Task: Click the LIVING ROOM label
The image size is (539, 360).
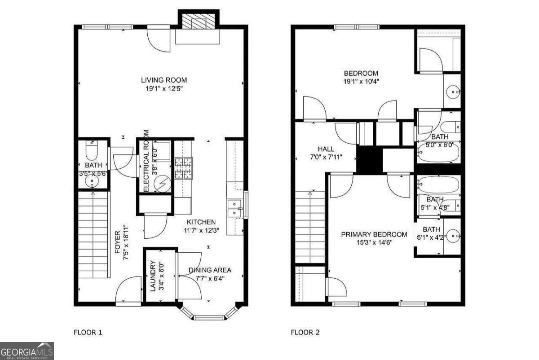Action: pyautogui.click(x=161, y=80)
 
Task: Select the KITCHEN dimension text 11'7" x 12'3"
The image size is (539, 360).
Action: pyautogui.click(x=201, y=230)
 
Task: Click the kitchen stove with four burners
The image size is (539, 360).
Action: pyautogui.click(x=183, y=168)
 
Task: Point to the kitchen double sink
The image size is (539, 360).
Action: pyautogui.click(x=234, y=209)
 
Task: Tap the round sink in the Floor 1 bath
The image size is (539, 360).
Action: pyautogui.click(x=93, y=182)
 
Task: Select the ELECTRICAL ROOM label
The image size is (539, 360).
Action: pyautogui.click(x=146, y=161)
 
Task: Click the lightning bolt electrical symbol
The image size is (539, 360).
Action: pyautogui.click(x=161, y=184)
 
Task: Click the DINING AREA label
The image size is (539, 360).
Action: pyautogui.click(x=210, y=270)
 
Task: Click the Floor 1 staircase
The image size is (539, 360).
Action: pyautogui.click(x=93, y=233)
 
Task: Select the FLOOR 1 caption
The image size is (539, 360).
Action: pyautogui.click(x=88, y=333)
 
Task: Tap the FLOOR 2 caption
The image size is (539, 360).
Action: pyautogui.click(x=305, y=333)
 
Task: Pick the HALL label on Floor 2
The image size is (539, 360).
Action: pyautogui.click(x=326, y=149)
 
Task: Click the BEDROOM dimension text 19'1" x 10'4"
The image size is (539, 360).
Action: pyautogui.click(x=361, y=82)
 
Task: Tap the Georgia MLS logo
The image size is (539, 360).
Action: pyautogui.click(x=27, y=351)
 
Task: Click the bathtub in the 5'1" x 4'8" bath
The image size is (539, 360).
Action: pyautogui.click(x=438, y=184)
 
